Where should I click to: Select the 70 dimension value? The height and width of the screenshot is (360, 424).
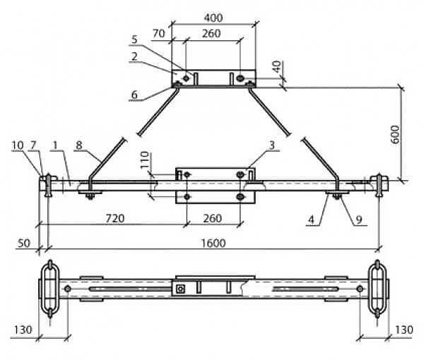pos(159,33)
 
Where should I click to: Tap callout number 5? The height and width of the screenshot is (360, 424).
pos(134,40)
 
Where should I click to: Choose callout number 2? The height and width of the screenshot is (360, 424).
pos(134,56)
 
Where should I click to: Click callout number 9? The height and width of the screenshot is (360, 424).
pos(359,220)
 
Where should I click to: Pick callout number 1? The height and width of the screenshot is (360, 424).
pos(54,145)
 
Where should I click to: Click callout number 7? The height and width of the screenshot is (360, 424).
pos(33,145)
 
